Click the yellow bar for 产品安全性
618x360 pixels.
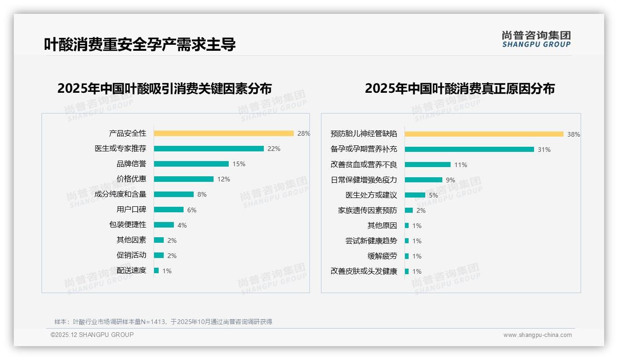pyautogui.click(x=224, y=133)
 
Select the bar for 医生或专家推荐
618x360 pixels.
pyautogui.click(x=208, y=149)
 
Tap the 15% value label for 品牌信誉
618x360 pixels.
pyautogui.click(x=238, y=164)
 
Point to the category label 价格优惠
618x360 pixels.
pyautogui.click(x=131, y=179)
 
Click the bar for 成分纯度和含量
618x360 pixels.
pyautogui.click(x=173, y=194)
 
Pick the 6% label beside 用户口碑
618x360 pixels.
pyautogui.click(x=191, y=210)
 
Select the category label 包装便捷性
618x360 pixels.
pyautogui.click(x=127, y=225)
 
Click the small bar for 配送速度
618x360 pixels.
pyautogui.click(x=156, y=270)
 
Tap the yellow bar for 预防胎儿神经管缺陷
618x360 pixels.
pyautogui.click(x=484, y=134)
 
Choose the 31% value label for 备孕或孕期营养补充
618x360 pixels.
pyautogui.click(x=544, y=150)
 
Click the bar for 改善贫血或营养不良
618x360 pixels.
pyautogui.click(x=428, y=165)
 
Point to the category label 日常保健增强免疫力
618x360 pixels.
pyautogui.click(x=363, y=180)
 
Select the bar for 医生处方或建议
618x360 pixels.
pyautogui.click(x=415, y=195)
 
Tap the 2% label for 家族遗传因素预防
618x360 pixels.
pyautogui.click(x=421, y=210)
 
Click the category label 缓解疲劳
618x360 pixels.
pyautogui.click(x=382, y=256)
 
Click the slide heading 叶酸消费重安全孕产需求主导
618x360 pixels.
pyautogui.click(x=140, y=44)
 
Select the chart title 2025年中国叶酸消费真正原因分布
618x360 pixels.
pyautogui.click(x=459, y=89)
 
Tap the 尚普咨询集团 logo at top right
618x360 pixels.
pyautogui.click(x=536, y=39)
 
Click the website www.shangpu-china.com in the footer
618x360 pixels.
pyautogui.click(x=537, y=335)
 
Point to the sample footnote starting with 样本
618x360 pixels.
pyautogui.click(x=163, y=322)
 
